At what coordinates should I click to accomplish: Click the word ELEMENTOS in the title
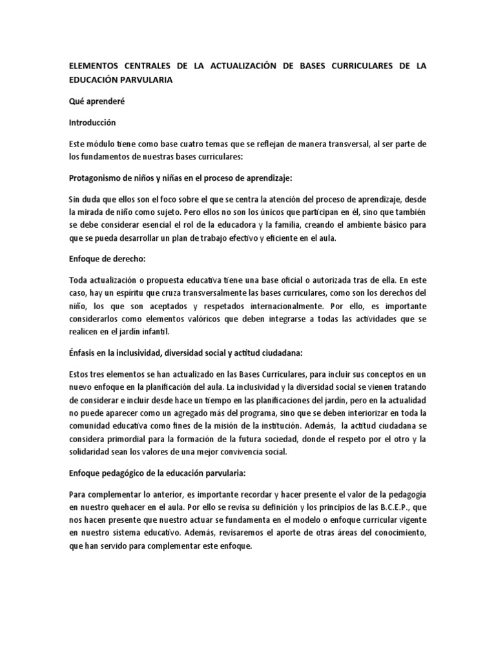(96, 67)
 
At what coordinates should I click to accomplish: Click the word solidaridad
(93, 453)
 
